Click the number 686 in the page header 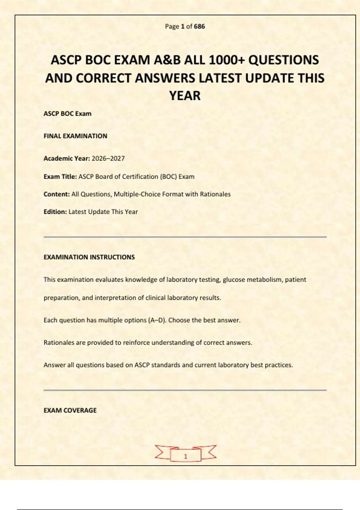[x=199, y=26]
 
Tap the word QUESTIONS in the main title [x=283, y=60]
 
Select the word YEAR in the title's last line [x=185, y=96]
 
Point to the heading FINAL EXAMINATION [x=75, y=136]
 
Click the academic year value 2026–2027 [x=108, y=158]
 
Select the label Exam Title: [x=60, y=176]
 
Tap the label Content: [x=57, y=194]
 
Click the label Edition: [x=55, y=212]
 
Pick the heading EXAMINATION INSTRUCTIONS [x=89, y=257]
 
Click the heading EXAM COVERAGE [x=70, y=410]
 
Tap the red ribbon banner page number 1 [x=185, y=456]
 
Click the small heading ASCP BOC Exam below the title [x=67, y=114]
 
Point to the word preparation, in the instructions [x=62, y=298]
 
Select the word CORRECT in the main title [x=104, y=78]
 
